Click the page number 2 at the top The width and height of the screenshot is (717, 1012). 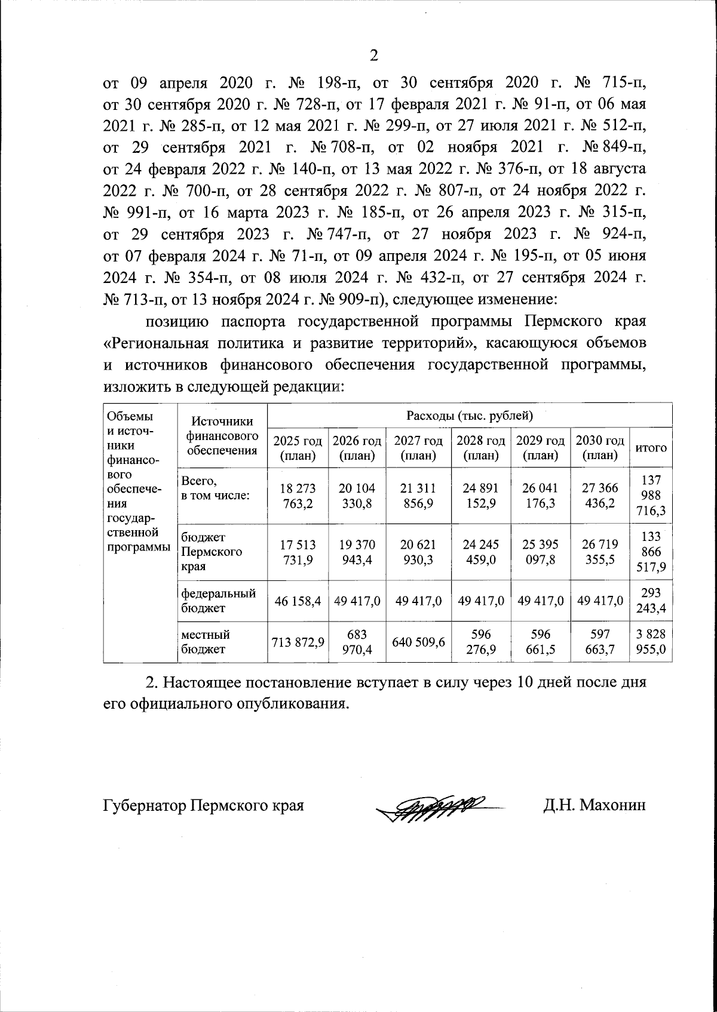[374, 56]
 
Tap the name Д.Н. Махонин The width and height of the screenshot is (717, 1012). [595, 805]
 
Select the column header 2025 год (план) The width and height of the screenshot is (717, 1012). [298, 448]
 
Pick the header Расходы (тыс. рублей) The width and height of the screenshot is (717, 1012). [469, 415]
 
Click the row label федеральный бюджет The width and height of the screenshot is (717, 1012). [218, 601]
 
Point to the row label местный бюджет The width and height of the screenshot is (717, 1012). [206, 642]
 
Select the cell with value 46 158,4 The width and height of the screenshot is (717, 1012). [298, 601]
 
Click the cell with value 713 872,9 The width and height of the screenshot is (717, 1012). [298, 642]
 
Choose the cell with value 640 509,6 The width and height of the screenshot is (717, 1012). [418, 642]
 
